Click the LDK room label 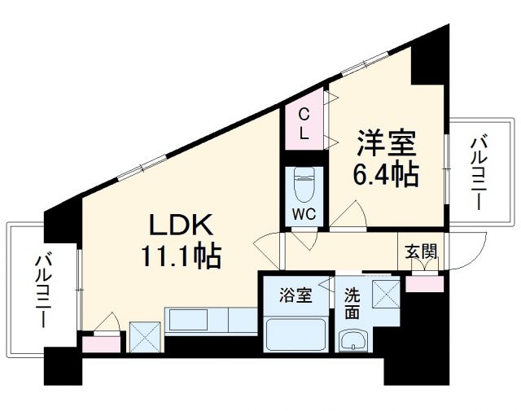click(x=180, y=225)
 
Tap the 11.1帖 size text click(x=180, y=258)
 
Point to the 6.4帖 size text click(x=386, y=174)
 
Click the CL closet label click(x=303, y=124)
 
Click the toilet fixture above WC click(x=303, y=186)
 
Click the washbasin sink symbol click(x=353, y=339)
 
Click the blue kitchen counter click(x=211, y=320)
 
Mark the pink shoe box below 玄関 click(x=424, y=283)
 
